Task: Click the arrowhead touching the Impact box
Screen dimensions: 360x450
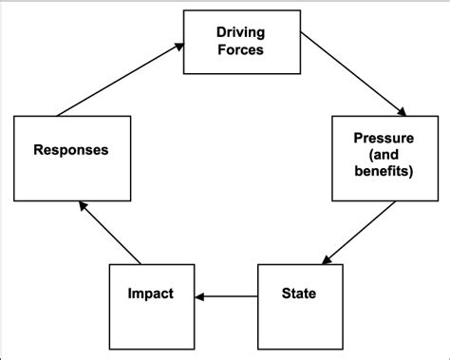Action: coord(199,297)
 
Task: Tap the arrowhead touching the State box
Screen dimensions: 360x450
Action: coord(324,260)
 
